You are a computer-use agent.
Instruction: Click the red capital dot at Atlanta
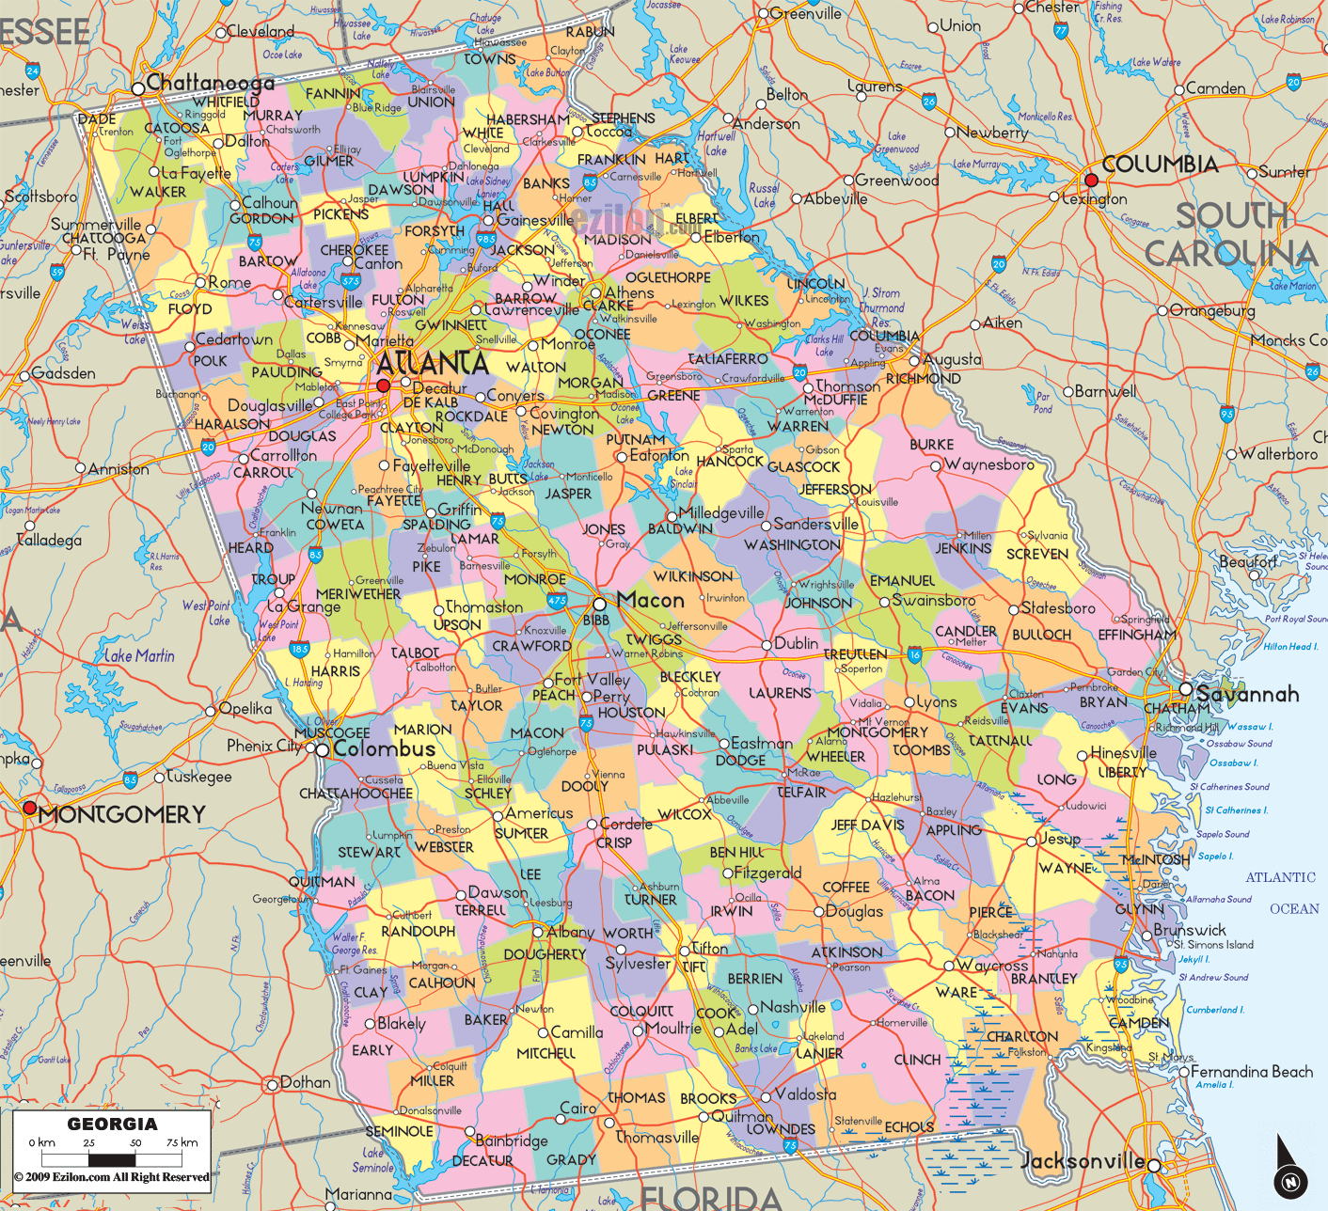point(383,385)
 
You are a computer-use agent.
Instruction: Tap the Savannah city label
point(1247,694)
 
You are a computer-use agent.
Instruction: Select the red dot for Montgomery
point(29,808)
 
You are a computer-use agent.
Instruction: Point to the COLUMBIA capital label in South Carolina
point(1160,165)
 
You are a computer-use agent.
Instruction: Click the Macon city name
point(650,600)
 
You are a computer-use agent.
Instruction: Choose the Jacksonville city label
point(1083,1161)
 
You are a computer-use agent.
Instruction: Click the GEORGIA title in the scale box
point(112,1124)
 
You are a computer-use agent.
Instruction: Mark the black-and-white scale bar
point(112,1159)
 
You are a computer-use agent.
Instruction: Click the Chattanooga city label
point(210,83)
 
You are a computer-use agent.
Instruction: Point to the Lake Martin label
point(139,655)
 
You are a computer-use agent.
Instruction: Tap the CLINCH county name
point(917,1060)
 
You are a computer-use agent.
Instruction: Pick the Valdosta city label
point(805,1094)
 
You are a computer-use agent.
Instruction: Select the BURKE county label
point(931,445)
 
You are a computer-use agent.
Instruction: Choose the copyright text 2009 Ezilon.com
point(112,1177)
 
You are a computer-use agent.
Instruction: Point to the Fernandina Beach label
point(1251,1072)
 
